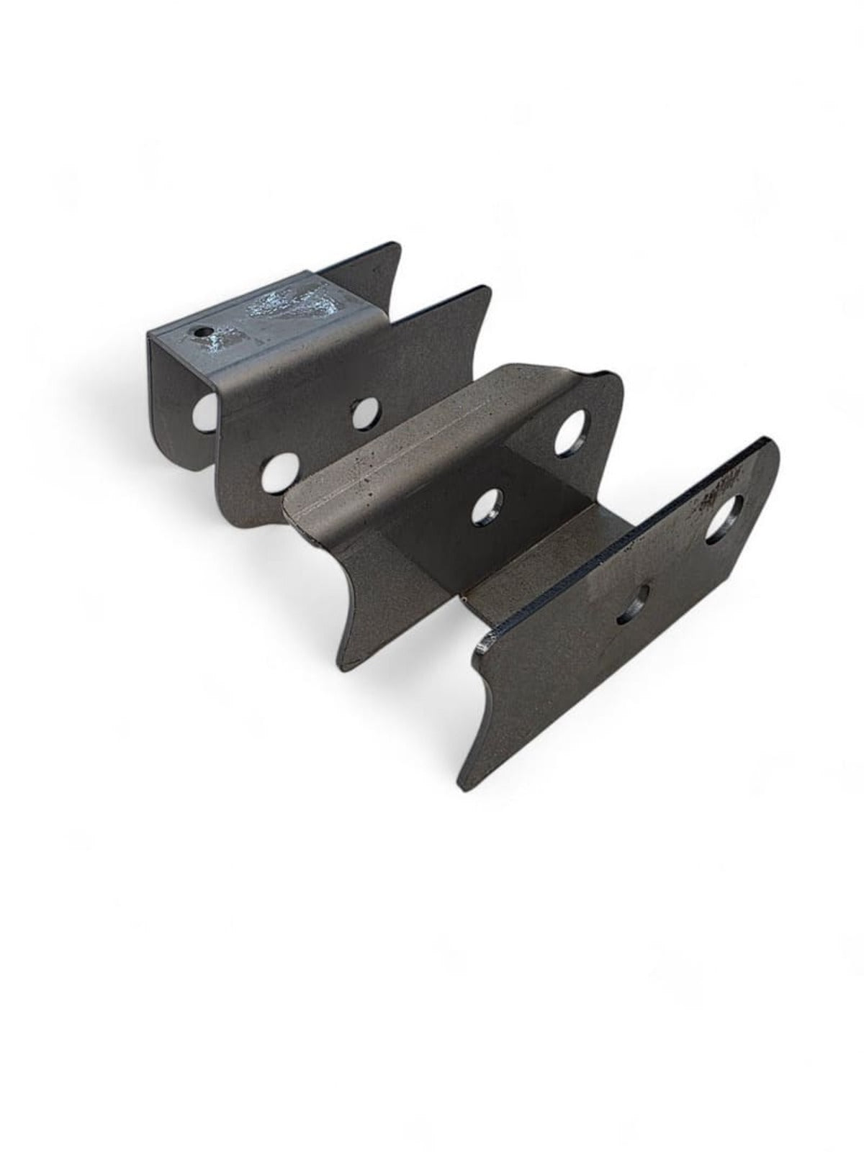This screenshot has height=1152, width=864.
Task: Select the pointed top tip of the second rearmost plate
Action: point(487,289)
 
